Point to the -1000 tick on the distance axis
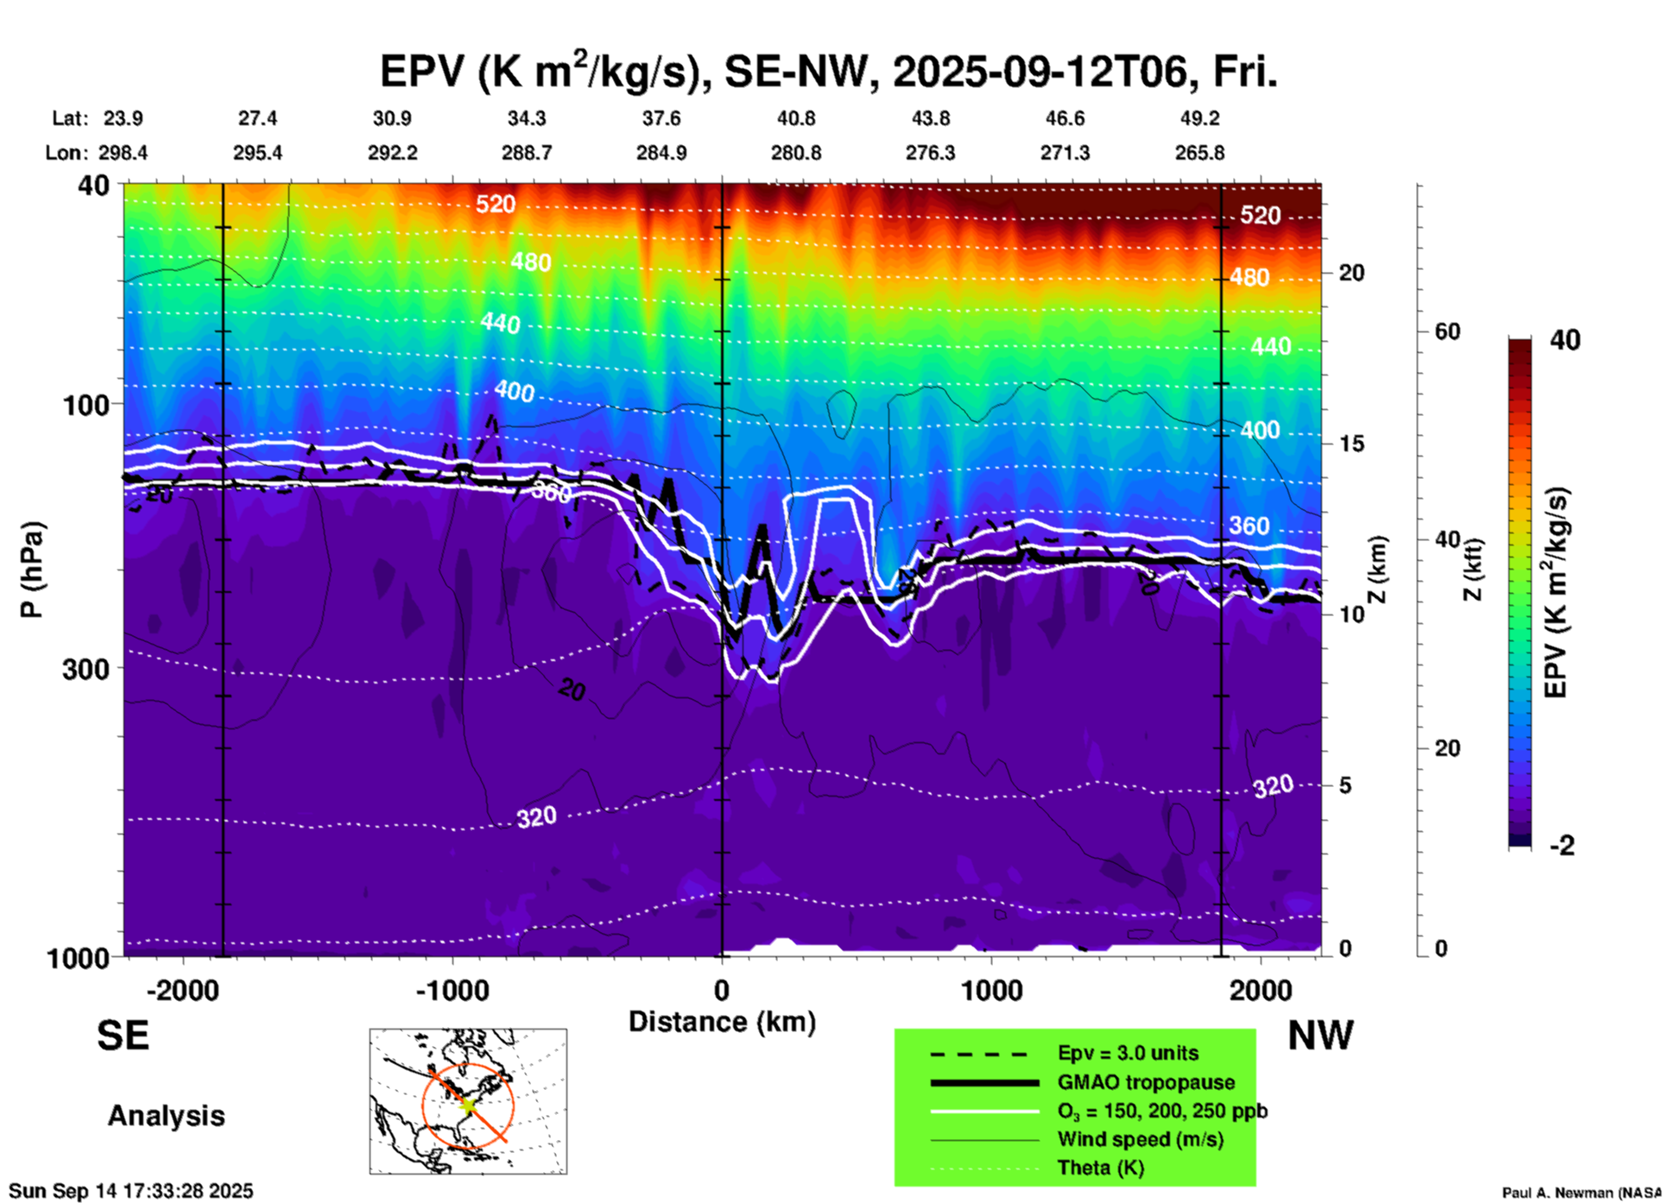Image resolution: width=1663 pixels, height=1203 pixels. (x=452, y=990)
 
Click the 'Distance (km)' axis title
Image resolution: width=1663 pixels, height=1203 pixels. (x=722, y=1022)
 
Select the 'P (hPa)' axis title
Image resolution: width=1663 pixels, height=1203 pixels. (x=31, y=570)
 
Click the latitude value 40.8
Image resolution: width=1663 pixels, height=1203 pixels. (x=795, y=118)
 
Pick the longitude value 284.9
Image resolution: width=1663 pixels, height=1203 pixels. (x=661, y=153)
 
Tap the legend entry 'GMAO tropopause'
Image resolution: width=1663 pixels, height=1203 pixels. (x=1146, y=1082)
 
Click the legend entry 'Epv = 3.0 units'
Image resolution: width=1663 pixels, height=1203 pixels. (x=1128, y=1053)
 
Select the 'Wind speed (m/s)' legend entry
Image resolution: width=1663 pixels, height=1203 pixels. (x=1140, y=1139)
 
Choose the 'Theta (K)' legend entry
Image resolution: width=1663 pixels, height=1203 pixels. (x=1100, y=1168)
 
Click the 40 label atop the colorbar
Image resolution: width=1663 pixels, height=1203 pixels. (x=1565, y=340)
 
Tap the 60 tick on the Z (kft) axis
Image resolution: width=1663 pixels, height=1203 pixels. (x=1447, y=331)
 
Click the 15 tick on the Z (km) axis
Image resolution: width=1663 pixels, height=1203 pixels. (x=1351, y=444)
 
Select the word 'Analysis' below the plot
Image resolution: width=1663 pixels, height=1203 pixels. (x=166, y=1116)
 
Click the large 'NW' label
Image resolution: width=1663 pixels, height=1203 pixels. (x=1320, y=1036)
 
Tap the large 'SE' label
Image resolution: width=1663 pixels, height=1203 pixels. (x=123, y=1036)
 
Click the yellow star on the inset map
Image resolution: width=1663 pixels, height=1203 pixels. (x=467, y=1104)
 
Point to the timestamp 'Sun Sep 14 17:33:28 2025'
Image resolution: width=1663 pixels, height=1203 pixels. (x=131, y=1191)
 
